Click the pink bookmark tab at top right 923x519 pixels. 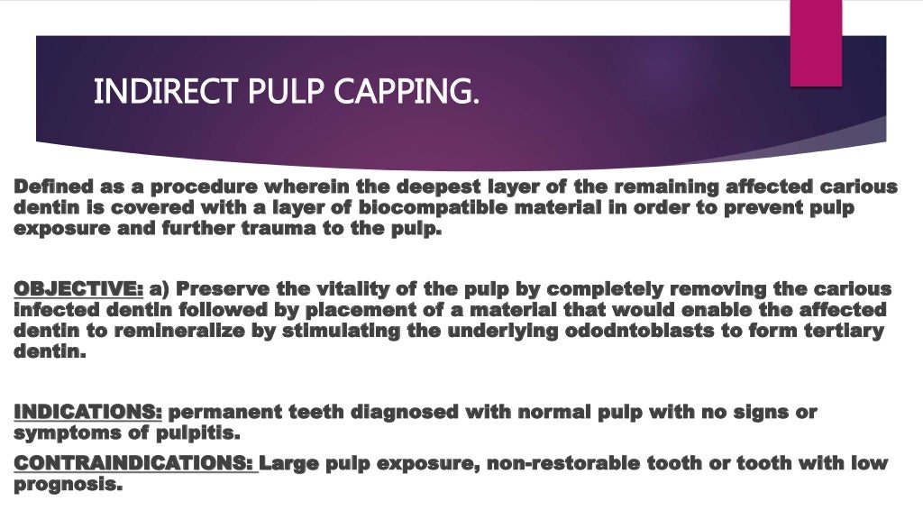pyautogui.click(x=816, y=42)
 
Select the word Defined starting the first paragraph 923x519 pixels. pyautogui.click(x=52, y=187)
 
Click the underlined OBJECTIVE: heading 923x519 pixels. pyautogui.click(x=78, y=289)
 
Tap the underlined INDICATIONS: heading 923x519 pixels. pyautogui.click(x=87, y=413)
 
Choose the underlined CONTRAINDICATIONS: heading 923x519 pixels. pyautogui.click(x=135, y=463)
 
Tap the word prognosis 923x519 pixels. pyautogui.click(x=67, y=484)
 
